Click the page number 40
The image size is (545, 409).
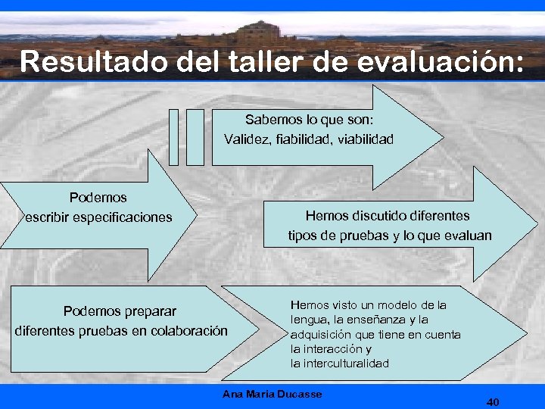pyautogui.click(x=493, y=401)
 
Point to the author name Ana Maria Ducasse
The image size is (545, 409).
pyautogui.click(x=272, y=394)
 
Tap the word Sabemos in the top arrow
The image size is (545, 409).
pyautogui.click(x=270, y=120)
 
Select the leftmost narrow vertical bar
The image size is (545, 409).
pyautogui.click(x=173, y=136)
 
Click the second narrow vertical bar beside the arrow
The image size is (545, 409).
pyautogui.click(x=195, y=136)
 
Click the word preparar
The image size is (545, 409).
pyautogui.click(x=151, y=311)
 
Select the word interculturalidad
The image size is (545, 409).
pyautogui.click(x=340, y=364)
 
